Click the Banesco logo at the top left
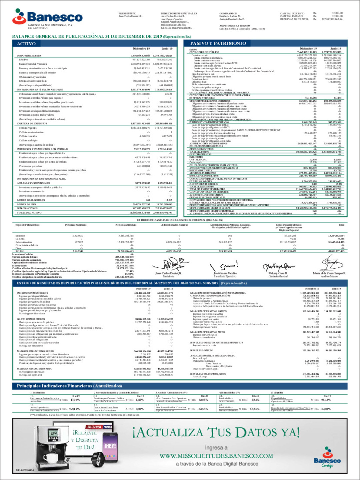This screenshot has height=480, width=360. [47, 17]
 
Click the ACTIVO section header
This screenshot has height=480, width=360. [26, 44]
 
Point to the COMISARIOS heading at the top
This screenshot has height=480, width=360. [228, 14]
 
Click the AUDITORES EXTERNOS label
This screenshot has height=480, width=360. [230, 26]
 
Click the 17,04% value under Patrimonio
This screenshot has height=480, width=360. [75, 400]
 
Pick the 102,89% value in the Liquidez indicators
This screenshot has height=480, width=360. [325, 409]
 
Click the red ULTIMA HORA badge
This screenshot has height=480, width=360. [99, 427]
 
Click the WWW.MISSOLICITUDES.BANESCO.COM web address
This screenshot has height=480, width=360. [216, 456]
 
